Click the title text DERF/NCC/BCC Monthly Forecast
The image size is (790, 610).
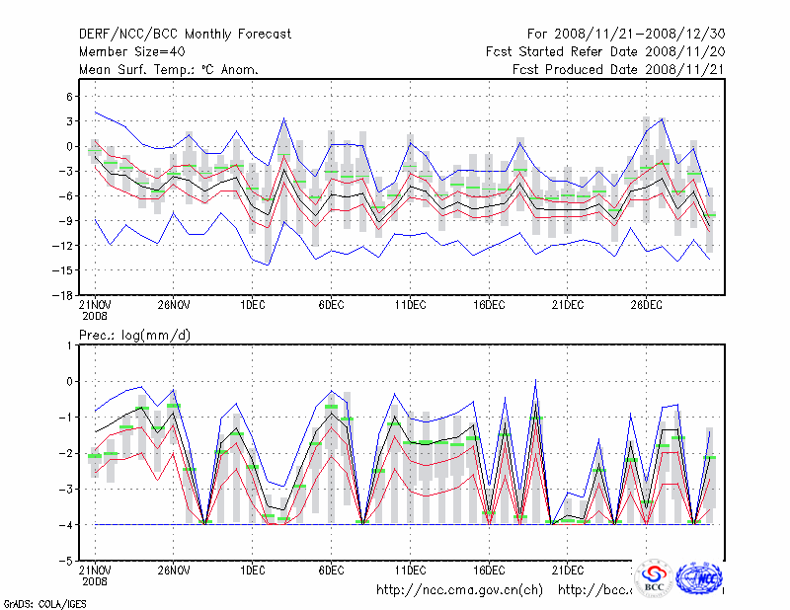pos(185,35)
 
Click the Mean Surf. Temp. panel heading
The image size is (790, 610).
pos(169,70)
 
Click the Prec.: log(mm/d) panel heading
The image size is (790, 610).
pos(135,336)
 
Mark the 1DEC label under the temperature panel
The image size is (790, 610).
pos(252,305)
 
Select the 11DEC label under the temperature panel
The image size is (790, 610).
pos(410,305)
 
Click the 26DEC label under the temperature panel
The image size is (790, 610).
pos(647,305)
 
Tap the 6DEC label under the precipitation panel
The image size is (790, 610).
pos(331,570)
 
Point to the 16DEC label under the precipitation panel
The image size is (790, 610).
pos(489,570)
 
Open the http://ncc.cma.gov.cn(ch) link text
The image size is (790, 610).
pos(459,590)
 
